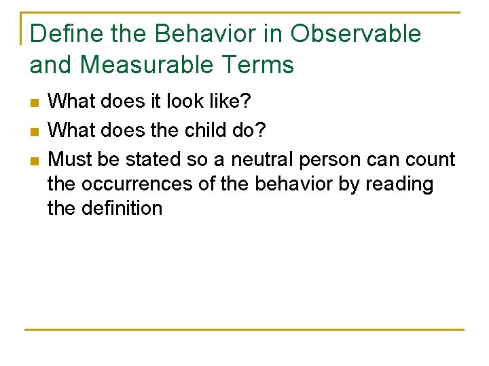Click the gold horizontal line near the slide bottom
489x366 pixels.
point(244,330)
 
